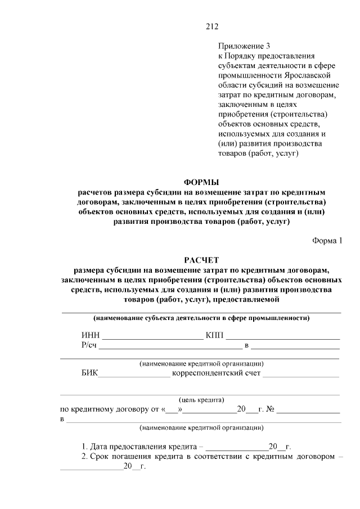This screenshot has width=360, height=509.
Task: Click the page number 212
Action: coord(211,26)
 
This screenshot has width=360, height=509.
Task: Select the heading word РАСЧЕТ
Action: coord(201,259)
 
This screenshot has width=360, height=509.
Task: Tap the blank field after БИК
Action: coord(134,373)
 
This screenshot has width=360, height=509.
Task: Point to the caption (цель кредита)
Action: coord(201,400)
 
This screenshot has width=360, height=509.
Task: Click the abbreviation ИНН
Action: coord(90,336)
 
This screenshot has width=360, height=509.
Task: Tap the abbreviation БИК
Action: coord(89,373)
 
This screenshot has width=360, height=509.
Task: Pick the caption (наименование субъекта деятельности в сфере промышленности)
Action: coord(201,318)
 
